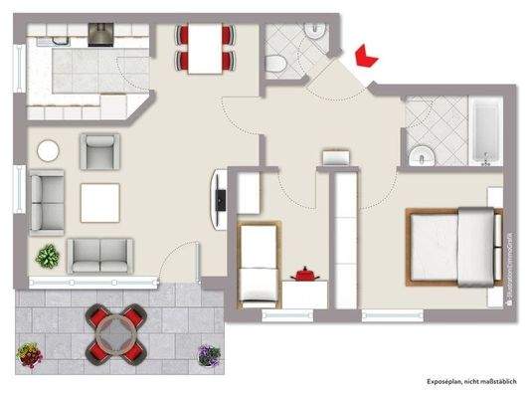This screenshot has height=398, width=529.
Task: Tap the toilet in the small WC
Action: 277,62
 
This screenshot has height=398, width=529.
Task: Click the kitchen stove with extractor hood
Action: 101,34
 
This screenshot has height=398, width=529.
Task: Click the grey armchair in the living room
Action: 99,151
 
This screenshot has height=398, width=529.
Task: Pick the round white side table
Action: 49,151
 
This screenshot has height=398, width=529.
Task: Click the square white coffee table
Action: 100,203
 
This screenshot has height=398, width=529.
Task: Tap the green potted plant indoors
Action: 46,257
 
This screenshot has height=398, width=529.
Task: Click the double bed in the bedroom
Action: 452,245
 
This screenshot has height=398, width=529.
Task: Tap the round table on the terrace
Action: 117,331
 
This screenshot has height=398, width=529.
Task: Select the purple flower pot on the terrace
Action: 207,353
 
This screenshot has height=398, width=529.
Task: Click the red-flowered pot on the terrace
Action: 29,353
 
